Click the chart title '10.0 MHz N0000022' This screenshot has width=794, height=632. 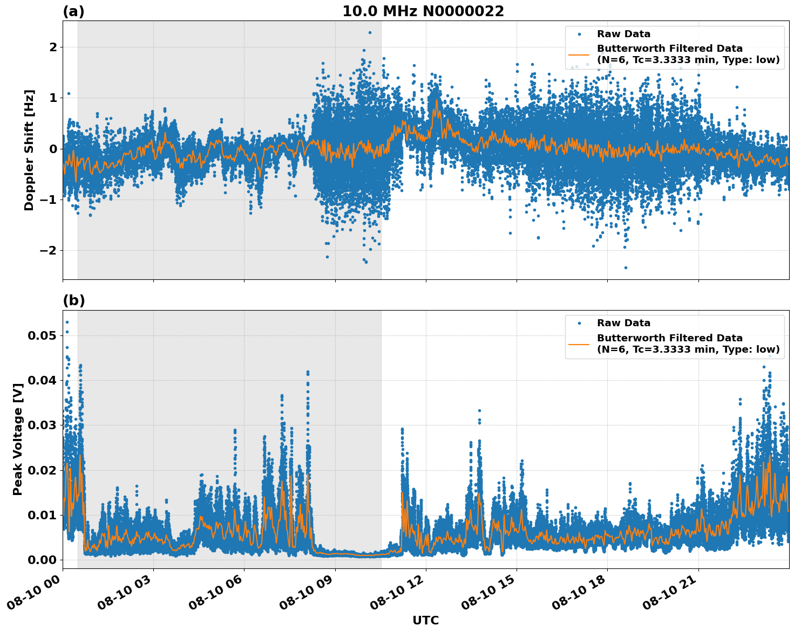tap(423, 11)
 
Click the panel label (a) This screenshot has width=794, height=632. tap(73, 11)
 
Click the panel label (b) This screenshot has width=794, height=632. tap(73, 300)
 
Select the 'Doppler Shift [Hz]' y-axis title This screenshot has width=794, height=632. tap(29, 150)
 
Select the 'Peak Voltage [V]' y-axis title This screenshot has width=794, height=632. tap(18, 451)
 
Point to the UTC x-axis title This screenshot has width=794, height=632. tap(425, 620)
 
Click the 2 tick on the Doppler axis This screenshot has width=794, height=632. tap(53, 47)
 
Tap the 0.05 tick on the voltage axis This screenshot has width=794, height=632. tap(42, 335)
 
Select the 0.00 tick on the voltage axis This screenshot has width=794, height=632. tap(42, 560)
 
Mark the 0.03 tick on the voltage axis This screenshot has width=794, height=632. tap(42, 425)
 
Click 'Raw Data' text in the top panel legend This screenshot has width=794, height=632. tap(623, 34)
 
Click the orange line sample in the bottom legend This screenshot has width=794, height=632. tap(579, 344)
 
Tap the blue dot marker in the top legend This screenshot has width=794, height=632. tap(579, 34)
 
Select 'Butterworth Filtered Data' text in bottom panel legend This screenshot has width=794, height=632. tap(669, 338)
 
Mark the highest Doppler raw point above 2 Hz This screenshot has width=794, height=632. tap(370, 32)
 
